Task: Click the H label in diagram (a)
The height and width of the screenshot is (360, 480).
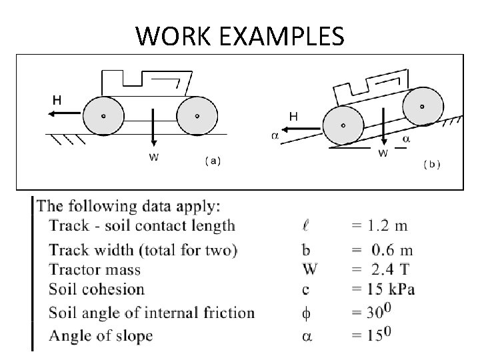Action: coord(58,100)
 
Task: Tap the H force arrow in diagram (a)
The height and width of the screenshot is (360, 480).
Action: coord(64,114)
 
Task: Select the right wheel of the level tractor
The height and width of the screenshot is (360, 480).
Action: coord(196,115)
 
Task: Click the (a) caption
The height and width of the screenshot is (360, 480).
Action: coord(213,161)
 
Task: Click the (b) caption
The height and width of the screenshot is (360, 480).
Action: coord(432,163)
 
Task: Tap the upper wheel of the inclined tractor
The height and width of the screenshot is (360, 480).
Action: coord(421,106)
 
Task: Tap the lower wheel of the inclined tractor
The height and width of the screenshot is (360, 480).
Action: coord(343,124)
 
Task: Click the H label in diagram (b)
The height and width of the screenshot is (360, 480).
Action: coord(293,116)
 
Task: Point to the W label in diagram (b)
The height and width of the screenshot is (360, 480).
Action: coord(384,153)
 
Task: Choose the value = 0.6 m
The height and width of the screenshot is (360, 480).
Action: coord(383,251)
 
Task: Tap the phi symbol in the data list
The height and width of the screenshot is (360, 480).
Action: coord(307,313)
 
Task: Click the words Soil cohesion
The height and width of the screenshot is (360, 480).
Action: coord(97,289)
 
